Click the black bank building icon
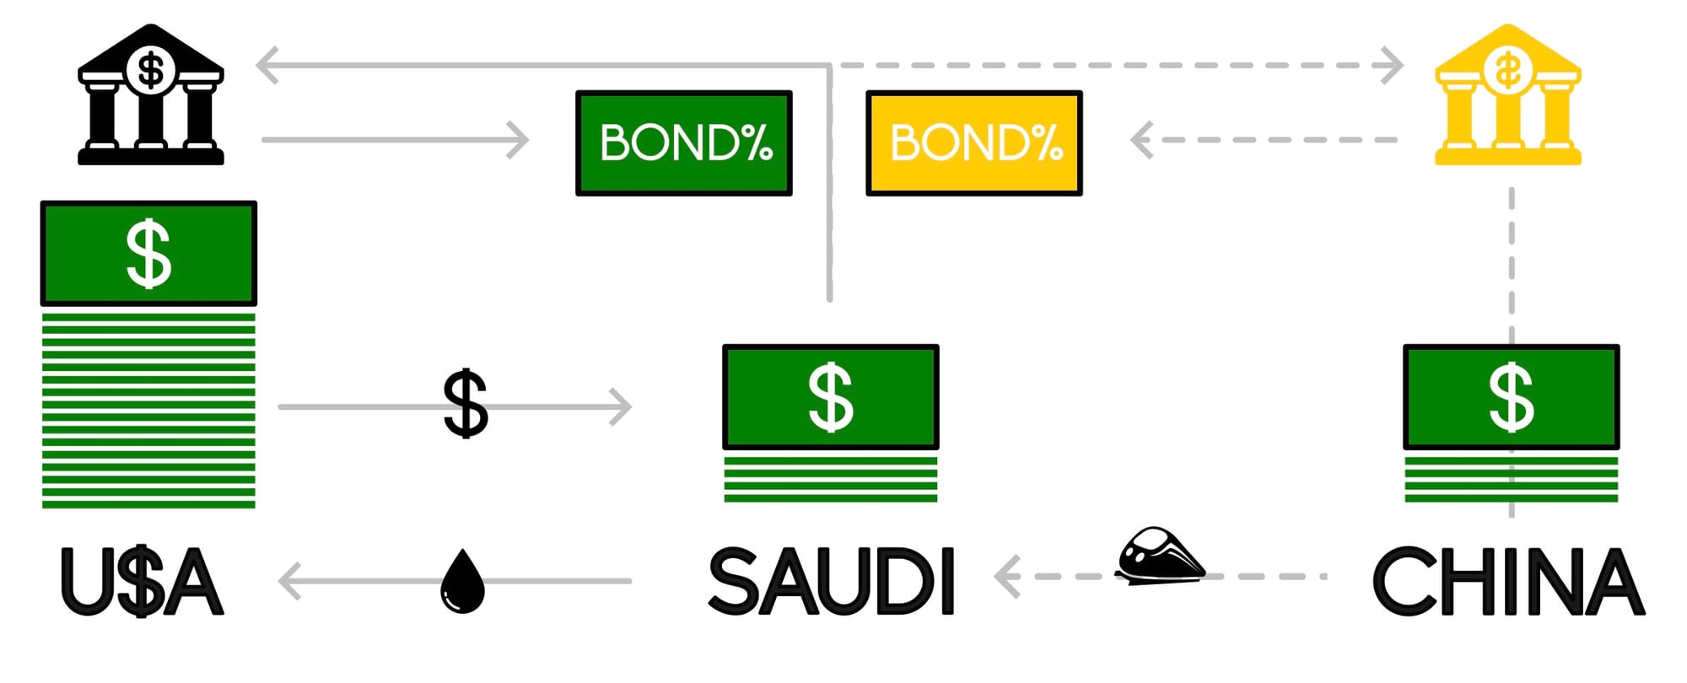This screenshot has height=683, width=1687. tap(151, 97)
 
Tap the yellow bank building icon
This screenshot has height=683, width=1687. tap(1507, 97)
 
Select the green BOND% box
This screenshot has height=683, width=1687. tap(683, 143)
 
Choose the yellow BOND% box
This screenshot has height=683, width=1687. tap(973, 143)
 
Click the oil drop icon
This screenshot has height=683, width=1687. tap(462, 581)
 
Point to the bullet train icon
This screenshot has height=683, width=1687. tap(1160, 555)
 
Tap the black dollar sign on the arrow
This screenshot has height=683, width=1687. tap(466, 404)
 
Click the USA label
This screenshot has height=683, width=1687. tap(142, 582)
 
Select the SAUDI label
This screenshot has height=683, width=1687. tap(831, 581)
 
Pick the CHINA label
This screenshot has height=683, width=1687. tap(1509, 581)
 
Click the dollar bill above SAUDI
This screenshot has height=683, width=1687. tap(831, 396)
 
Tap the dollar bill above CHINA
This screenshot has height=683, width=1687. tap(1511, 396)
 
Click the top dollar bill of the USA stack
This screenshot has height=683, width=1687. tap(148, 253)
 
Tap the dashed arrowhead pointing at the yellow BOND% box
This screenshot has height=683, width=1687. tap(1141, 140)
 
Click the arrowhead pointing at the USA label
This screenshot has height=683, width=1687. tap(288, 581)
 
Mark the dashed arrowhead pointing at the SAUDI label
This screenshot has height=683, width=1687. tap(1006, 577)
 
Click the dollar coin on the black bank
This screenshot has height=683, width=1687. tap(151, 69)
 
